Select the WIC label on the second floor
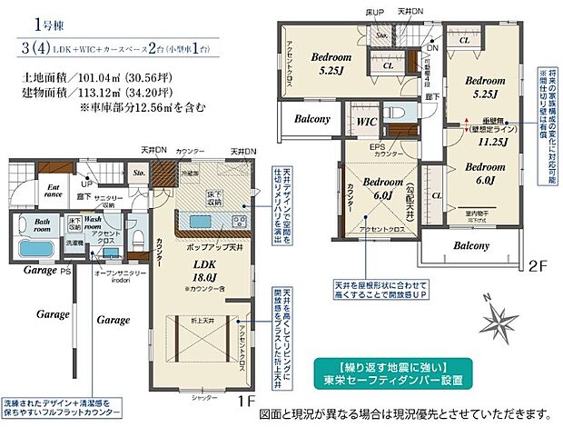coord(367,120)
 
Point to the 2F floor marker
coord(537,268)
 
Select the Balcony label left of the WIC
coord(311,118)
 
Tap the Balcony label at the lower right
coord(470,245)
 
